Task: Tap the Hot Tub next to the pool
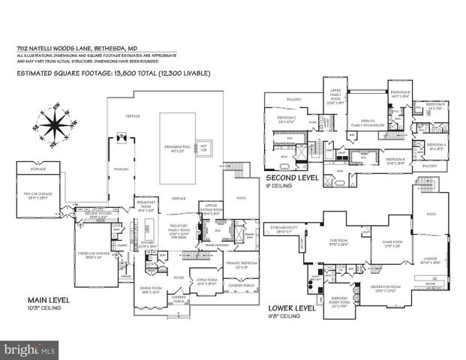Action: (x=203, y=147)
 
